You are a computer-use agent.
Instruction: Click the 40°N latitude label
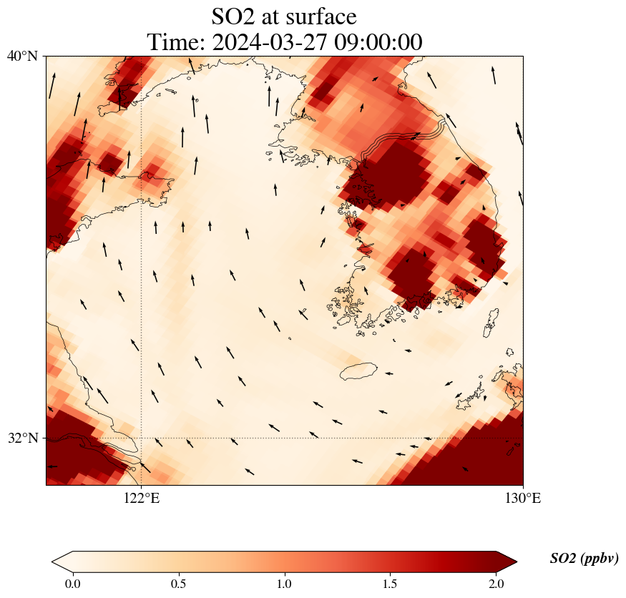(22, 56)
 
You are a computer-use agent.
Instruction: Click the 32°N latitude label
(22, 438)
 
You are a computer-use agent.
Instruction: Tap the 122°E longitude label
(141, 499)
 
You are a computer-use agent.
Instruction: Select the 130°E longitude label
(523, 499)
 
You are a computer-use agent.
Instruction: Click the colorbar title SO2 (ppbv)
(584, 559)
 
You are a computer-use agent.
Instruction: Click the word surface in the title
(317, 16)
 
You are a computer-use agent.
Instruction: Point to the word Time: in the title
(175, 42)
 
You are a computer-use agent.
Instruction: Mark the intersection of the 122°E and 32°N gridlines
(141, 438)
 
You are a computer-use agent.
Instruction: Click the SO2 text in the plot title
(234, 16)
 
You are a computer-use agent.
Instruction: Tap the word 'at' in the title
(274, 16)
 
